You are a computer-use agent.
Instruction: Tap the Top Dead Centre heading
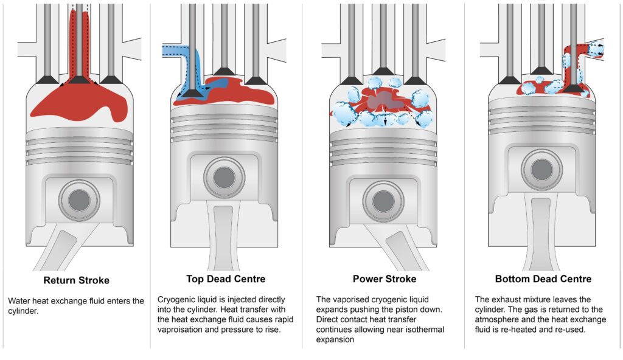225,279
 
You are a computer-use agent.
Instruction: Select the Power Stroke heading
385,279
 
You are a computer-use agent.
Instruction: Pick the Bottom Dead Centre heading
542,279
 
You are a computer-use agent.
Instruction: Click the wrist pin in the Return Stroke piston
78,200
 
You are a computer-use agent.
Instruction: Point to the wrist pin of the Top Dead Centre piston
224,177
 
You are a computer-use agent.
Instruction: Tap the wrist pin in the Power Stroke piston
383,200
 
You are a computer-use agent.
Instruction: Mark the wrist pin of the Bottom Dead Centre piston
541,170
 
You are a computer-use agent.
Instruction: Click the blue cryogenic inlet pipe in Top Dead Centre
176,52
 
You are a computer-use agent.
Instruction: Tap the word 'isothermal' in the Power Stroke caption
422,329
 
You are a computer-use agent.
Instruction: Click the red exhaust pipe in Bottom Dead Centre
571,67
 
